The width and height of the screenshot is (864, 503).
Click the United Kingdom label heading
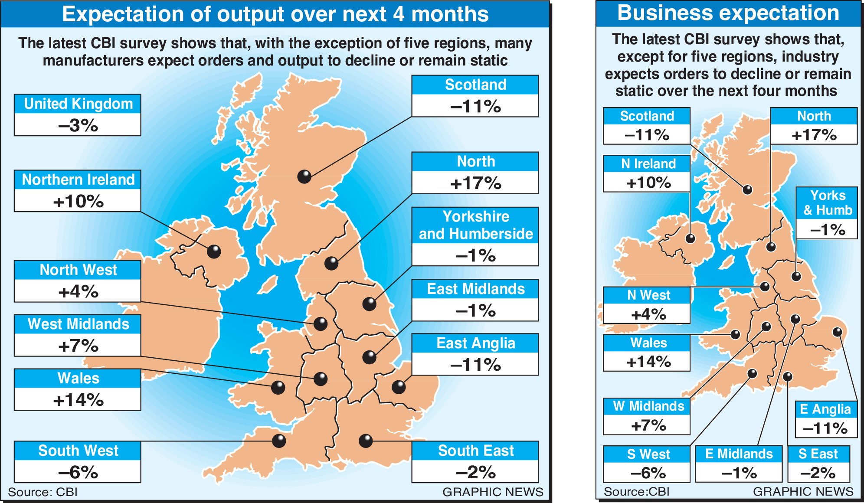(x=78, y=104)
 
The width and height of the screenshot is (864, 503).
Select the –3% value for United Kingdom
(x=78, y=125)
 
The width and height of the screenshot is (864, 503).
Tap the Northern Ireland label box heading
(x=78, y=180)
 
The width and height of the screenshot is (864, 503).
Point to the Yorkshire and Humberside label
(x=475, y=225)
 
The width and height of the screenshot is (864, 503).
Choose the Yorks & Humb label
(x=827, y=203)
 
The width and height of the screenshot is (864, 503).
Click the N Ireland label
(x=648, y=164)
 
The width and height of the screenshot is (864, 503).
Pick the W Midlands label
(x=648, y=406)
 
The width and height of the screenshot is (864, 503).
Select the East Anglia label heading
(x=475, y=343)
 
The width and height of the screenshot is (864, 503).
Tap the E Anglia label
(x=825, y=409)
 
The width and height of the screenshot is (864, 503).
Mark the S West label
(x=648, y=454)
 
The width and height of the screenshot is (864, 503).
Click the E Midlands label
(x=739, y=454)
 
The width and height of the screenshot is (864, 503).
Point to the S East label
(x=818, y=454)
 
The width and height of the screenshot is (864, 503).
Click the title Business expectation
(x=728, y=13)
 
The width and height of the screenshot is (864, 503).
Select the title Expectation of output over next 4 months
(x=275, y=14)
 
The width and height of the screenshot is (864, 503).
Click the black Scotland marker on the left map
(x=304, y=176)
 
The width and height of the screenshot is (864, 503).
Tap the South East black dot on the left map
(x=366, y=441)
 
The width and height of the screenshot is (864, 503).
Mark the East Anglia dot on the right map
(x=837, y=332)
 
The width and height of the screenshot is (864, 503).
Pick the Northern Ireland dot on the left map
(x=214, y=251)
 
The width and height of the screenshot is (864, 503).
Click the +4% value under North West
(x=78, y=291)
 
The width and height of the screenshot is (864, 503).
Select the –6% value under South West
(x=78, y=472)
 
